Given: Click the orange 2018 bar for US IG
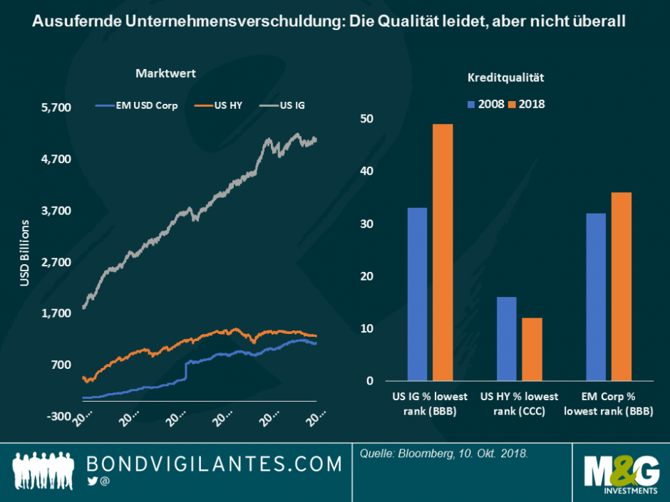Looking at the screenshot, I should (443, 253).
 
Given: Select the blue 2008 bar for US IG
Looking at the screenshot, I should (417, 294).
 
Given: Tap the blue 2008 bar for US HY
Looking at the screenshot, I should (506, 339).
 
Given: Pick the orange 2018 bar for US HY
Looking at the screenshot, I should (532, 349).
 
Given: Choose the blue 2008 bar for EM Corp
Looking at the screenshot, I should (595, 297).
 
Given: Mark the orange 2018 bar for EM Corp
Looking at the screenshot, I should (621, 286).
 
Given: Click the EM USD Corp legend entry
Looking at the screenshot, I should (136, 105).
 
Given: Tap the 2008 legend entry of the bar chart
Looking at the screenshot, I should (485, 104).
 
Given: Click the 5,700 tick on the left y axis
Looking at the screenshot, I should (56, 108).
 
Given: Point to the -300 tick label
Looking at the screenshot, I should (58, 416).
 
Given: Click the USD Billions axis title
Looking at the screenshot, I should (24, 253).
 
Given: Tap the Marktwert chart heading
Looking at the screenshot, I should (165, 73).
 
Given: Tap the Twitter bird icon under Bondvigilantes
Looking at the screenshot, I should (92, 482).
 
